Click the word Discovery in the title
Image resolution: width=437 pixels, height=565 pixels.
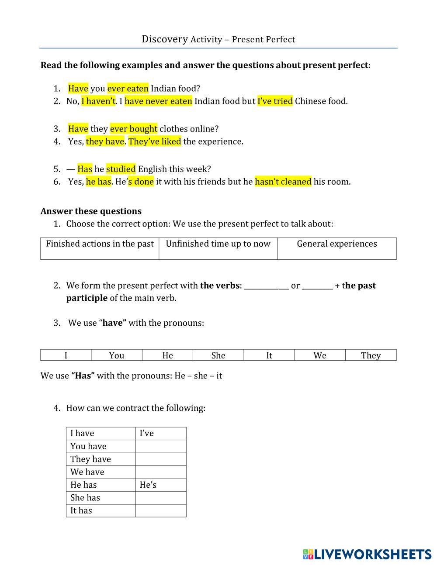[164, 39]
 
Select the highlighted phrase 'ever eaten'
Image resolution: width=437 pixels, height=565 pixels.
[128, 89]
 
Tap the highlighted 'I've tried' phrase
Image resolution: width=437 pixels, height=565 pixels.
[275, 101]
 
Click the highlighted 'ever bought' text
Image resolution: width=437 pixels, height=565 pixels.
[133, 129]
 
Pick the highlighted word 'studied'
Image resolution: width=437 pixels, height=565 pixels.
[121, 169]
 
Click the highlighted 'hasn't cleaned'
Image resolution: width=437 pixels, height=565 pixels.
[283, 182]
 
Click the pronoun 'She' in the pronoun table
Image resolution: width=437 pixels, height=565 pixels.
[218, 355]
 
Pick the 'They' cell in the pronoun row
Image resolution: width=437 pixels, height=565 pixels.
[371, 355]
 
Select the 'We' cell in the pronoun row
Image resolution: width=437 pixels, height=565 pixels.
[320, 355]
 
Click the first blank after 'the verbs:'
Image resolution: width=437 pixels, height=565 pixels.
[266, 286]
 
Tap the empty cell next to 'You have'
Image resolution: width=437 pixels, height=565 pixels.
[160, 446]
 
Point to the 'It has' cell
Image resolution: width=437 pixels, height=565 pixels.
[81, 510]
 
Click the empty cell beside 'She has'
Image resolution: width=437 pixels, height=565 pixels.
[160, 498]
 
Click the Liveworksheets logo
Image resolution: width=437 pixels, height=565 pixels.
[367, 554]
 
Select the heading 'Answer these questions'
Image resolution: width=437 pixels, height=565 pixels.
[91, 211]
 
